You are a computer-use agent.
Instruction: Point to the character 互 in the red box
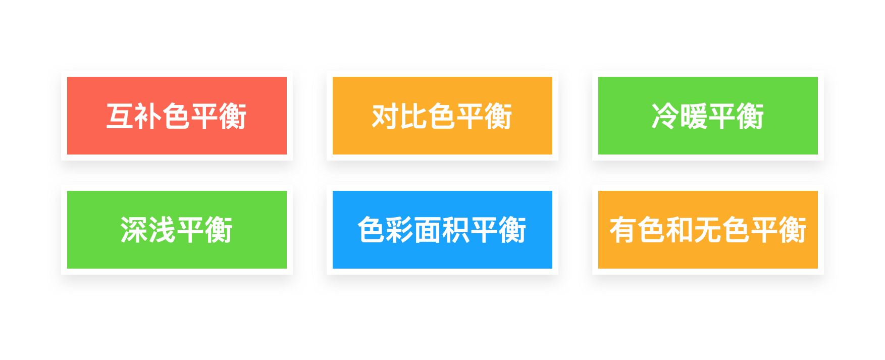(120, 116)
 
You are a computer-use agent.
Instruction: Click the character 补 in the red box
(148, 116)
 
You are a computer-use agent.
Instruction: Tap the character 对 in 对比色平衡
(386, 116)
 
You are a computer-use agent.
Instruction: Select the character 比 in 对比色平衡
(414, 116)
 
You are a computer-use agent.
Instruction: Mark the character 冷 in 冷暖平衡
(665, 116)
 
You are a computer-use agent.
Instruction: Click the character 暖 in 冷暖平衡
(694, 116)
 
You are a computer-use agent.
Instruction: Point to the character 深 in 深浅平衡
(134, 230)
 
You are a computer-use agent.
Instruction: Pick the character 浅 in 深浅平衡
(163, 230)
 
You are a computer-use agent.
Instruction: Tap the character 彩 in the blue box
(400, 230)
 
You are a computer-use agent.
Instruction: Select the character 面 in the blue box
(428, 230)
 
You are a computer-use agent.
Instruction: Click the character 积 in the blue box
(456, 230)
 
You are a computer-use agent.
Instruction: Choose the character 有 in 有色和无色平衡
(623, 230)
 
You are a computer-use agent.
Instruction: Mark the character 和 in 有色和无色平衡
(680, 230)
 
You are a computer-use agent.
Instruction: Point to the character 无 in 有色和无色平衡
(708, 230)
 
